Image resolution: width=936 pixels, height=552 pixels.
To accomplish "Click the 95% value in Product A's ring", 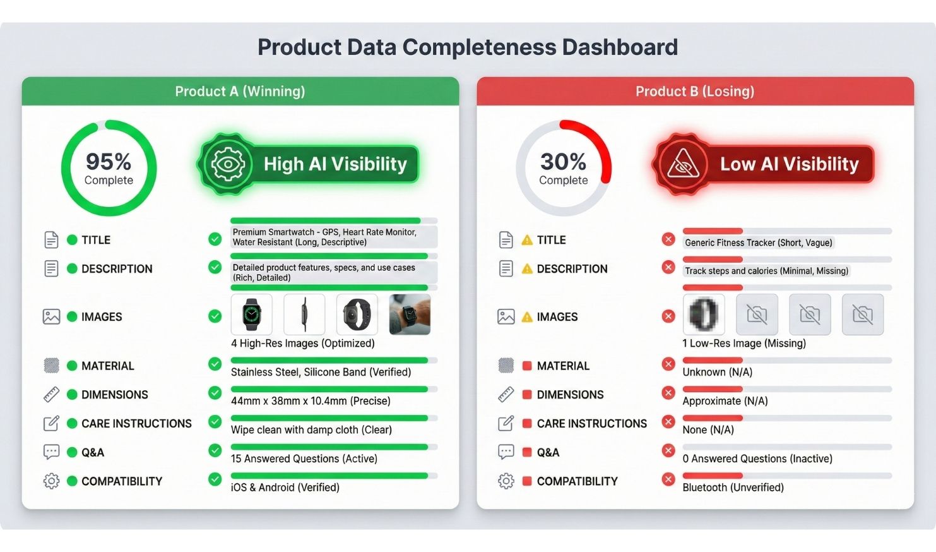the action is click(109, 162).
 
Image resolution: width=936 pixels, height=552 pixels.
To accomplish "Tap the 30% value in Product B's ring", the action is click(563, 162).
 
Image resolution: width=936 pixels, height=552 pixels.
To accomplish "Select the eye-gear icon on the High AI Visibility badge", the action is click(228, 164).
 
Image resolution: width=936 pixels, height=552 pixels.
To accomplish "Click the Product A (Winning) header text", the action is click(240, 91).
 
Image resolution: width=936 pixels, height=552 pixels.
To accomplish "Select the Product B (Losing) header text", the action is click(695, 91).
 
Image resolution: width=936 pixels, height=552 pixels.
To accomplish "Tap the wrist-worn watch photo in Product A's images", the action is click(410, 315).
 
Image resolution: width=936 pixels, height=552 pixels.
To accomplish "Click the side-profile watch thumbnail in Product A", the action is click(304, 315).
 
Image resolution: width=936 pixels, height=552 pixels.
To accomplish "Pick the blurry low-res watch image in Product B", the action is click(704, 315).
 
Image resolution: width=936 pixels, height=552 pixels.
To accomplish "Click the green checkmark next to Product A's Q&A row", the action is click(215, 450).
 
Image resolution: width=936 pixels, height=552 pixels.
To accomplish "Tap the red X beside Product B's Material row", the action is click(668, 364).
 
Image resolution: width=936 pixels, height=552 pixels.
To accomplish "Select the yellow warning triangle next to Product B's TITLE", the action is click(528, 240).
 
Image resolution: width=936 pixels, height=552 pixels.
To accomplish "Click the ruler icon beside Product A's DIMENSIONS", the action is click(51, 394).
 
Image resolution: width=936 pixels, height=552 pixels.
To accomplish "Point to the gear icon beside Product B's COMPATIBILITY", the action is click(506, 481).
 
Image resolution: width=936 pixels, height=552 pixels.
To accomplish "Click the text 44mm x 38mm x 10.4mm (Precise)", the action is click(311, 401).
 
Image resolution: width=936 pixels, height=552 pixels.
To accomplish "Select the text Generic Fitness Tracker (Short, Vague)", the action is click(759, 243).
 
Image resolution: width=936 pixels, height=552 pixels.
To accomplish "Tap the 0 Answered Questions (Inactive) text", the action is click(757, 459).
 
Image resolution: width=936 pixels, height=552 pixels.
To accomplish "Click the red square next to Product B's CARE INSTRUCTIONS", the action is click(528, 424).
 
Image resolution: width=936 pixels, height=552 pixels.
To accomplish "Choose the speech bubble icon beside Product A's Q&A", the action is click(51, 452).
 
